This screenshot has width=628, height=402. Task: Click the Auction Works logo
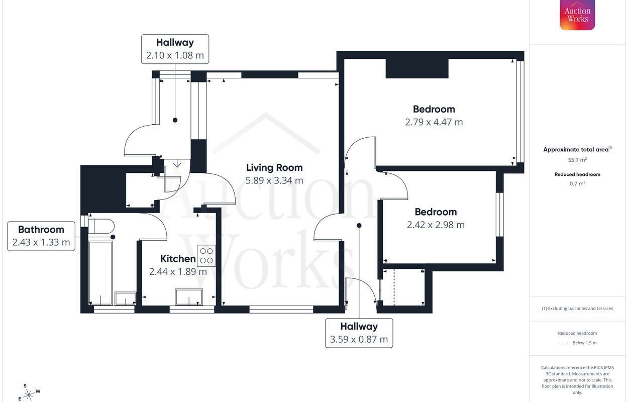577,15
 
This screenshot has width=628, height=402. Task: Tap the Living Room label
274,168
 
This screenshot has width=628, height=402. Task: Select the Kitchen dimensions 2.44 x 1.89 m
178,272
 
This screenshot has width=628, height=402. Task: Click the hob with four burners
206,256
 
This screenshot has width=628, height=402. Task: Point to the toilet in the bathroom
101,226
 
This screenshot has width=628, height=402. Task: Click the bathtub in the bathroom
100,273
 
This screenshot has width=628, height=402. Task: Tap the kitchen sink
189,297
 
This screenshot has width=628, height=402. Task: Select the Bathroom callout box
41,236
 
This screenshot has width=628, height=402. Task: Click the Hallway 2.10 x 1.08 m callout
175,49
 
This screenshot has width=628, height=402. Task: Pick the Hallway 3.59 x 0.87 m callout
359,333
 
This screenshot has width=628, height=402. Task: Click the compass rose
29,393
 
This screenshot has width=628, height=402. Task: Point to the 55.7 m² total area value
577,160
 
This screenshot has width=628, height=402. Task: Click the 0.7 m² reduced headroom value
577,183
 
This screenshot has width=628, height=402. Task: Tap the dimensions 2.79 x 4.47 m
434,122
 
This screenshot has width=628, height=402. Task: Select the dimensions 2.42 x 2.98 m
436,225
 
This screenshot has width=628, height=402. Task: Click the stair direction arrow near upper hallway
177,163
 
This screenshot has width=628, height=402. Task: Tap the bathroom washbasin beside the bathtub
125,298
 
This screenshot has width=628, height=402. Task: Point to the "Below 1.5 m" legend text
585,343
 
